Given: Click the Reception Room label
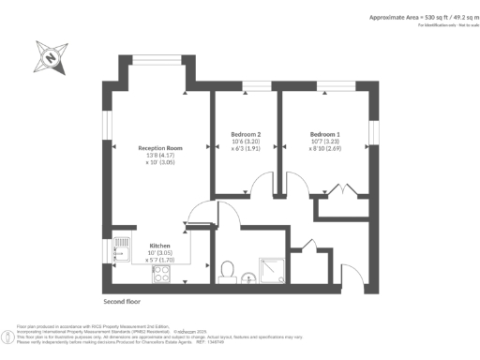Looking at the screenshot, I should click(159, 148).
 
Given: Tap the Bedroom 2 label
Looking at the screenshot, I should click(245, 134).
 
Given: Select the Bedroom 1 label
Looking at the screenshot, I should click(324, 134).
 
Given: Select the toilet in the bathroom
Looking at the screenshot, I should click(226, 272).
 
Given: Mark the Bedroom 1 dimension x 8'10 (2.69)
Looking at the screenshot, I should click(324, 149).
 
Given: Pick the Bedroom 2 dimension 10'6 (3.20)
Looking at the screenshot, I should click(245, 142).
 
